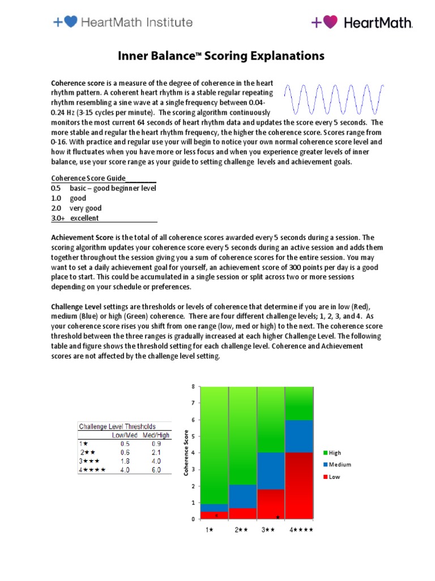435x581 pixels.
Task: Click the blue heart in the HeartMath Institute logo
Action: coord(71,22)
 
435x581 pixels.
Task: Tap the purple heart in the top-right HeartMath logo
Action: coord(331,22)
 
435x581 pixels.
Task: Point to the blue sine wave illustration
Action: coord(334,100)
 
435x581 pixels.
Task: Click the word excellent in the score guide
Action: coord(84,218)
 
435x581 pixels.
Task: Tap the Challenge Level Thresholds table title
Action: coord(117,426)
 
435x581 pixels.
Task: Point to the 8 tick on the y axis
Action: coord(193,387)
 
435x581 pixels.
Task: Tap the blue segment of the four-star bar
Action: coord(298,436)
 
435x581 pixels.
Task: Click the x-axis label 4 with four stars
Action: coord(301,531)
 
